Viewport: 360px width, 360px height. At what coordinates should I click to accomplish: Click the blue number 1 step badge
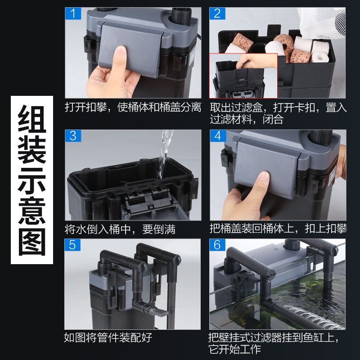73,13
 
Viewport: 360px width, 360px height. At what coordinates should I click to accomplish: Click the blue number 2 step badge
217,13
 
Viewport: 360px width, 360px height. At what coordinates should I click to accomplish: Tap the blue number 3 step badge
73,136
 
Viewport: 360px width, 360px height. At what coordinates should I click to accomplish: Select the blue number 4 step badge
218,136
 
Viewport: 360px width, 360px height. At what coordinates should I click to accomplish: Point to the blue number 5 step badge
72,245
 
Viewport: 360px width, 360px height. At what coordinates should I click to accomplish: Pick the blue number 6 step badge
217,245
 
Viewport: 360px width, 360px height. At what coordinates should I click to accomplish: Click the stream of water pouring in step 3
164,154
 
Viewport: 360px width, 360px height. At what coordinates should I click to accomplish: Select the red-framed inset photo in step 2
243,76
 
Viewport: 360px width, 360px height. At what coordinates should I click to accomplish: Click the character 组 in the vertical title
32,119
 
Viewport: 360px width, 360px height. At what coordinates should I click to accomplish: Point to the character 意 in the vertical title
32,211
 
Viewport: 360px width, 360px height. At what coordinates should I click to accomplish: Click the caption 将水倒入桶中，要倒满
120,229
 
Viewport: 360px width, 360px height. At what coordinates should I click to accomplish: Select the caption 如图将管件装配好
108,337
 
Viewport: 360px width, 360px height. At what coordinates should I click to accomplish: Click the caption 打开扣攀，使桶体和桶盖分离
133,107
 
